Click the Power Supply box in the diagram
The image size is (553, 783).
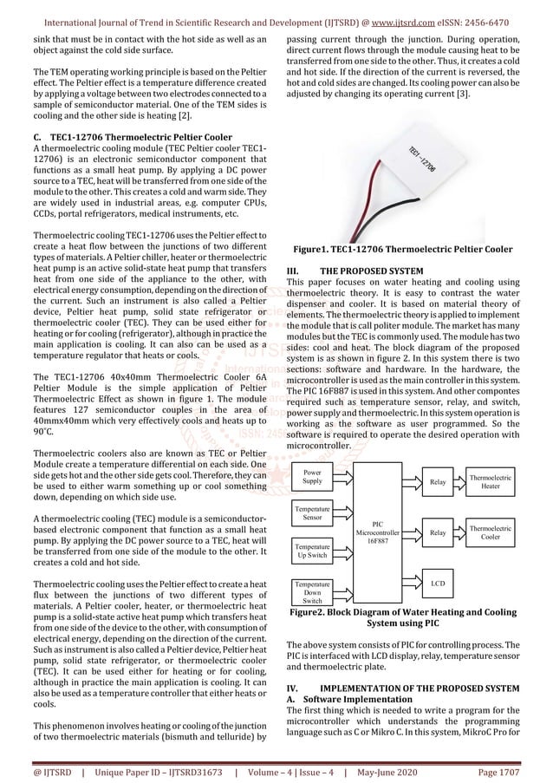click(312, 476)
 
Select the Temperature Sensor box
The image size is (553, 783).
click(312, 512)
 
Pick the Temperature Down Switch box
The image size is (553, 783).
click(312, 592)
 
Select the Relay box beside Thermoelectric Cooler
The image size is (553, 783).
click(438, 532)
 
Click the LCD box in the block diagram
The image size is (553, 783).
click(438, 584)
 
